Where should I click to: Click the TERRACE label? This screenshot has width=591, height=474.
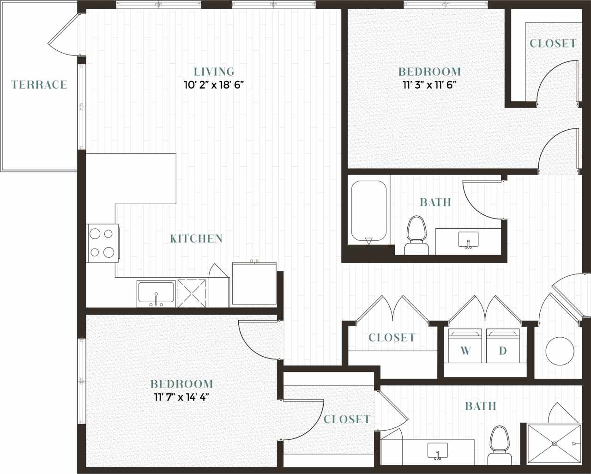tap(39, 85)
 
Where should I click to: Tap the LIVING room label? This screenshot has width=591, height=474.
tap(214, 72)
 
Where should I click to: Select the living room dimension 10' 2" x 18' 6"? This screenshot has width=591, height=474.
tap(214, 85)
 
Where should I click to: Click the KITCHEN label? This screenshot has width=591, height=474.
tap(196, 238)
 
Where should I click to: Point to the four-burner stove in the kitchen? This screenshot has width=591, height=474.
tap(102, 243)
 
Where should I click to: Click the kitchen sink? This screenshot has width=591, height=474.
tap(156, 293)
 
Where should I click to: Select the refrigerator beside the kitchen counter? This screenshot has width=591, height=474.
tap(254, 283)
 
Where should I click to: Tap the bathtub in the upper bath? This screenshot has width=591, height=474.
tap(368, 211)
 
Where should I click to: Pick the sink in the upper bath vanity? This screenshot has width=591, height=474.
tap(468, 240)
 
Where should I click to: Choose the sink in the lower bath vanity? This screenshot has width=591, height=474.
tap(437, 450)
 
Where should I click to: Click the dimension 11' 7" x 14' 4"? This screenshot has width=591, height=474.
tap(181, 397)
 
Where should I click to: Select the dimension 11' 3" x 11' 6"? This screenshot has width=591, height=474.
tap(429, 85)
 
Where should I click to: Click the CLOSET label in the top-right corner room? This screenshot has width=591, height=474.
tap(553, 43)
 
